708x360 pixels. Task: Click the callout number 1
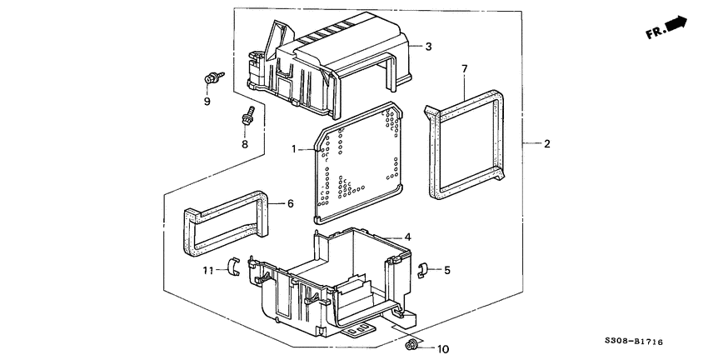click(x=295, y=149)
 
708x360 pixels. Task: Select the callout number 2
click(x=546, y=144)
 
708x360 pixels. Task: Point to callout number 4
click(x=407, y=237)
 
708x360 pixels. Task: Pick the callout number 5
click(x=446, y=270)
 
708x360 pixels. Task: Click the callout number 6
click(x=290, y=202)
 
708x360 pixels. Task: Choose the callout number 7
click(x=465, y=67)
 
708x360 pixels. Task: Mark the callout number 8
click(x=245, y=143)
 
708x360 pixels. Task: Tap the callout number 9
click(x=208, y=102)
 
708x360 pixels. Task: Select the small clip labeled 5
click(x=422, y=268)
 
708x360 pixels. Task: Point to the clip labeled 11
click(x=234, y=267)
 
